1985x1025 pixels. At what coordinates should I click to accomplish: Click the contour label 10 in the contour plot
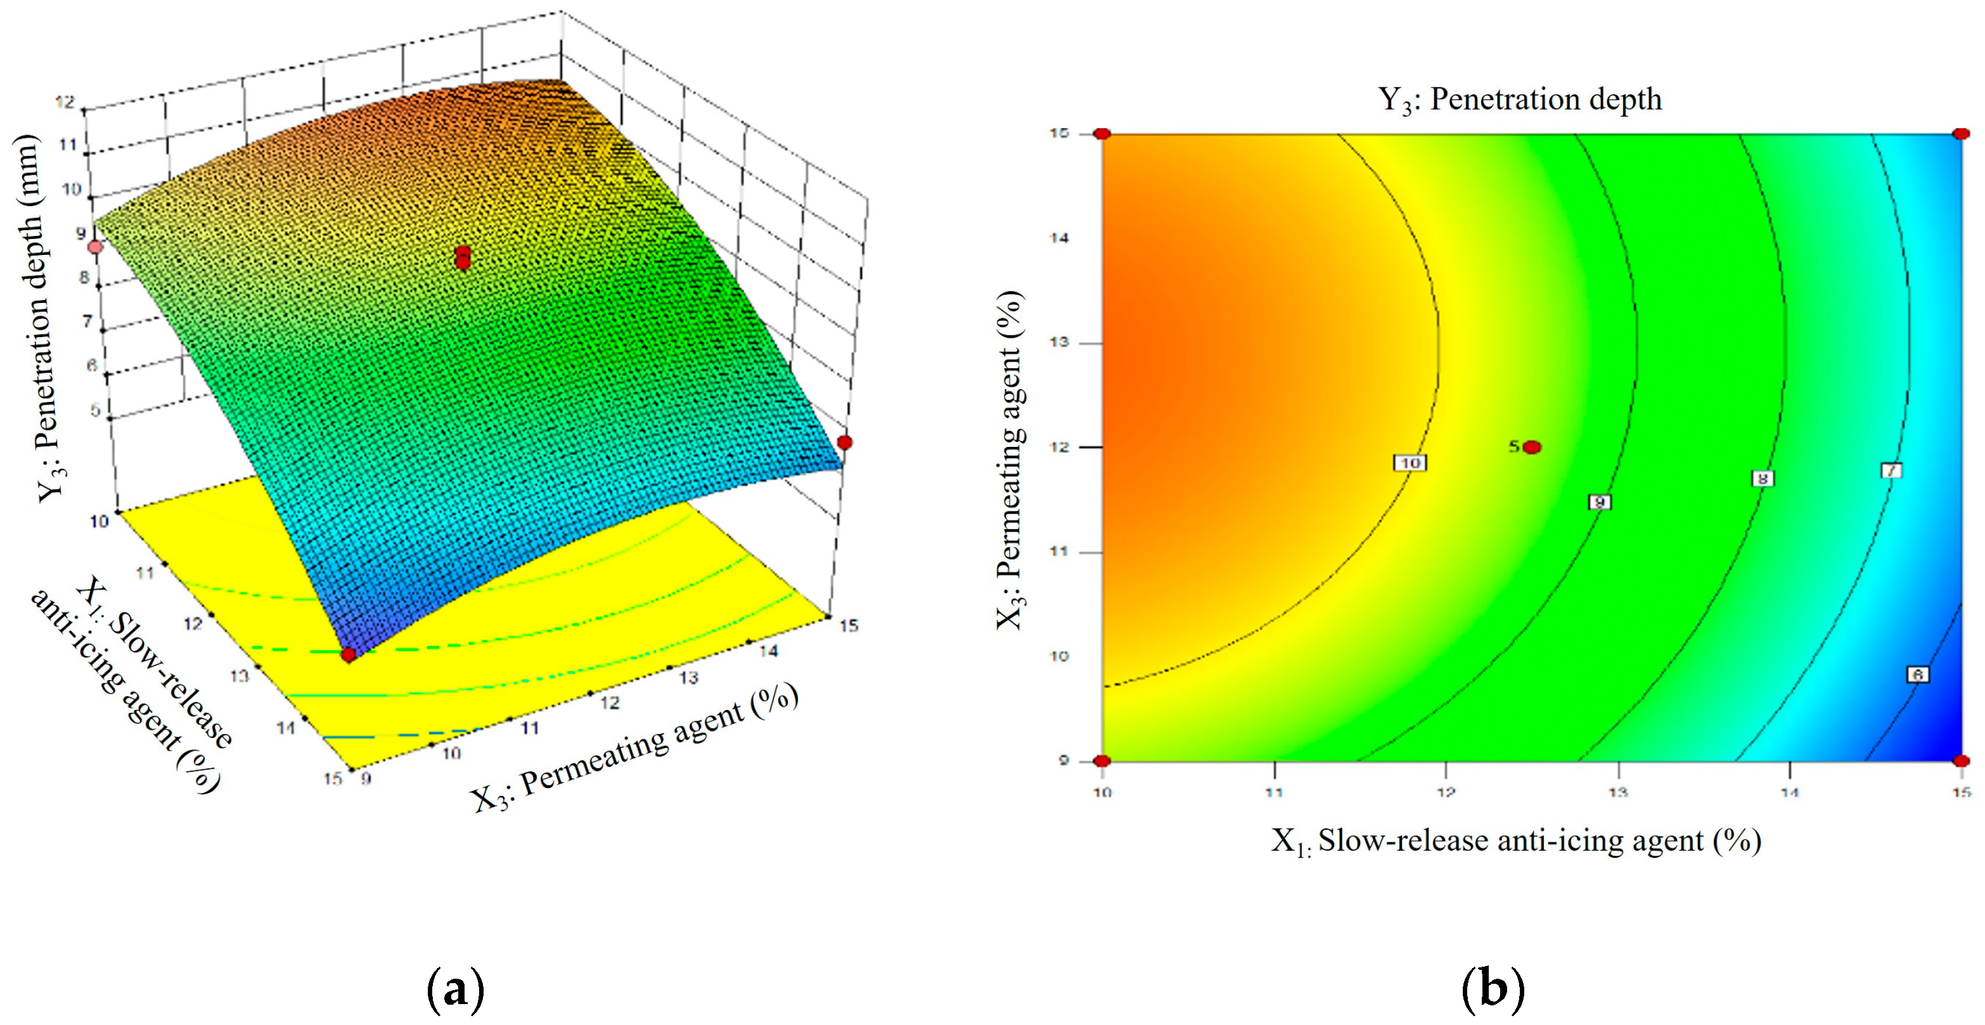pyautogui.click(x=1410, y=463)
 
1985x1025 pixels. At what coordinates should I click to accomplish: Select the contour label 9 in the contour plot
pyautogui.click(x=1600, y=503)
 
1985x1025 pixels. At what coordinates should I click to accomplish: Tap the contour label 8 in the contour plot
pyautogui.click(x=1763, y=479)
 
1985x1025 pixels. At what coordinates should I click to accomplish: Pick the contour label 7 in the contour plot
pyautogui.click(x=1891, y=470)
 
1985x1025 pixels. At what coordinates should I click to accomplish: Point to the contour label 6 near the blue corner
pyautogui.click(x=1918, y=674)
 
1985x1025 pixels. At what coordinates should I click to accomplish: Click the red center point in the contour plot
pyautogui.click(x=1532, y=447)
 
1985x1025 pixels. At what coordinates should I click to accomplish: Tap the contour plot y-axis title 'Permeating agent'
pyautogui.click(x=1010, y=460)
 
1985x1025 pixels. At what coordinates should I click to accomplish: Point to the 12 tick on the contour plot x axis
pyautogui.click(x=1446, y=792)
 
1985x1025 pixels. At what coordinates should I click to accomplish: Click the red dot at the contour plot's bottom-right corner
pyautogui.click(x=1961, y=761)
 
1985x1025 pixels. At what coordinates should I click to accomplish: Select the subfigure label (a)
pyautogui.click(x=456, y=990)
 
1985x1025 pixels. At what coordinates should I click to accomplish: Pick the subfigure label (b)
pyautogui.click(x=1493, y=990)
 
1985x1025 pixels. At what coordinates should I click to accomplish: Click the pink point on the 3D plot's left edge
pyautogui.click(x=95, y=247)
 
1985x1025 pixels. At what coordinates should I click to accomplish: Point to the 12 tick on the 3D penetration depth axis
pyautogui.click(x=65, y=101)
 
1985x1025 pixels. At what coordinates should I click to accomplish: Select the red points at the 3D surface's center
pyautogui.click(x=463, y=257)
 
